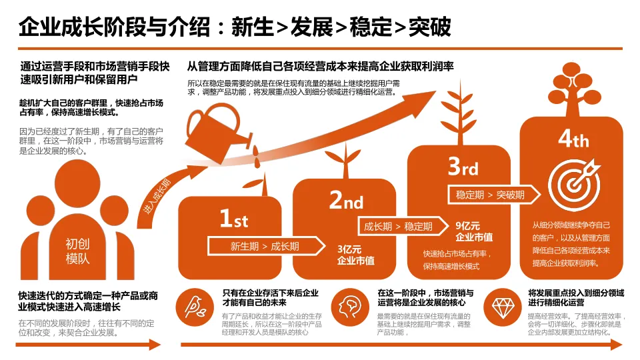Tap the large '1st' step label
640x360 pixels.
(233, 218)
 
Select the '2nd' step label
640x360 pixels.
(346, 199)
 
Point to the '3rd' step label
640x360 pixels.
(463, 166)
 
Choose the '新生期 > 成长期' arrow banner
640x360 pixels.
(265, 246)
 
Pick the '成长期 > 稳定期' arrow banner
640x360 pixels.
(397, 227)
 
